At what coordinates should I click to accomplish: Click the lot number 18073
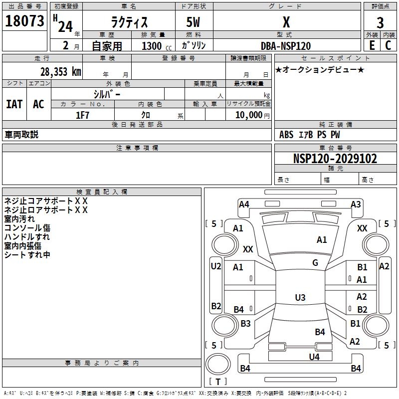pos(24,21)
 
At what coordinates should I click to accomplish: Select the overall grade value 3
pos(380,22)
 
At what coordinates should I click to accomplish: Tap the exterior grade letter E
pos(372,45)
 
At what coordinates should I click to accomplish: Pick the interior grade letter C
pos(388,45)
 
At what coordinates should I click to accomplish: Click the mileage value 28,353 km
pos(61,72)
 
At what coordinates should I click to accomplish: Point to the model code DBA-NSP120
pos(286,46)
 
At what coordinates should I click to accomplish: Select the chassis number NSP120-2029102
pos(335,159)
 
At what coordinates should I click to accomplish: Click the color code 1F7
pos(82,115)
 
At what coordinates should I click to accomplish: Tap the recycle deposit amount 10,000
pos(249,115)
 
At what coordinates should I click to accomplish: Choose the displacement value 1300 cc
pos(157,46)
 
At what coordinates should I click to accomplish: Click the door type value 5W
pos(193,22)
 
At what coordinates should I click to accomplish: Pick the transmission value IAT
pos(14,104)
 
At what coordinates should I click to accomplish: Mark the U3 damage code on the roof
pos(300,297)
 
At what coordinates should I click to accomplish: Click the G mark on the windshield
pos(315,263)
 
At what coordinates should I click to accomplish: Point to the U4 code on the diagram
pos(314,357)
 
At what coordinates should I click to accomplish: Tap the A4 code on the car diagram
pos(244,204)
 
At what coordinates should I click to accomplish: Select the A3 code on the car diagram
pos(356,204)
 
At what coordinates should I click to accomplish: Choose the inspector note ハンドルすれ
pos(27,236)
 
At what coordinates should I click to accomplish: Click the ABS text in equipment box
pos(286,135)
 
